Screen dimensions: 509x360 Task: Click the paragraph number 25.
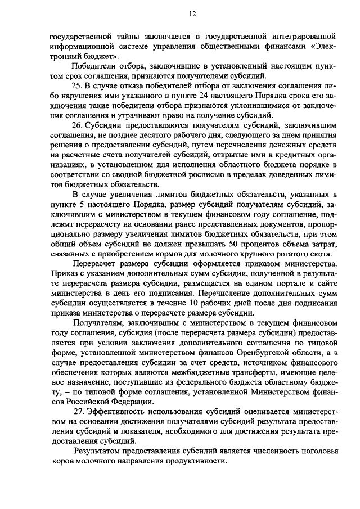(77, 85)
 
